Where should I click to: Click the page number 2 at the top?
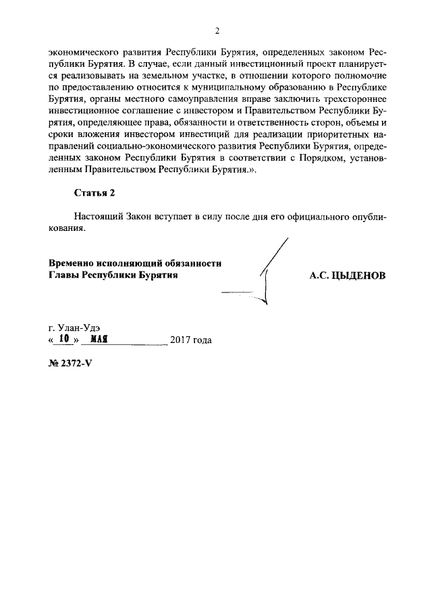(x=217, y=30)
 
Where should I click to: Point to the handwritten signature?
(x=267, y=277)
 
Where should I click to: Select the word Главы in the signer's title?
(x=63, y=275)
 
